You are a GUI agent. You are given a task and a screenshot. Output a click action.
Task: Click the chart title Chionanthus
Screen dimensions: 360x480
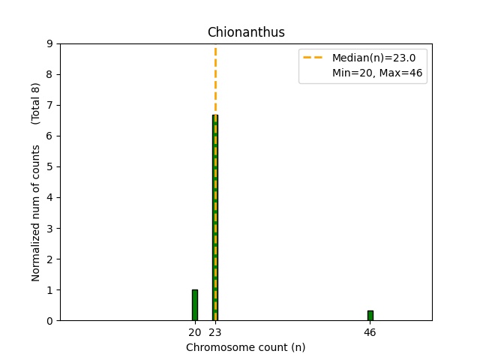point(245,32)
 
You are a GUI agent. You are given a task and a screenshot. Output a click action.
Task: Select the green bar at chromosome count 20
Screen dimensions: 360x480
point(195,305)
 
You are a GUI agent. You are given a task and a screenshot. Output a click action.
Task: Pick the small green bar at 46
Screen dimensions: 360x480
point(370,316)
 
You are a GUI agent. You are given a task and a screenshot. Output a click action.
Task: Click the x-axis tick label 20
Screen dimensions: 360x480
point(194,332)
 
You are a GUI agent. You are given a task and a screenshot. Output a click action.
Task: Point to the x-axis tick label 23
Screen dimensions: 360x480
point(215,332)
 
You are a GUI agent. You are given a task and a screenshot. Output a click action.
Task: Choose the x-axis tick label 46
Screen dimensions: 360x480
point(370,332)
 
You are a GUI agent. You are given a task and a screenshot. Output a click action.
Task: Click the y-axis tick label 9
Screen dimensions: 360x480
point(49,43)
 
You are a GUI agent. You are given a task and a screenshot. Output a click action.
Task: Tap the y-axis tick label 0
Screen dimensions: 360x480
point(49,321)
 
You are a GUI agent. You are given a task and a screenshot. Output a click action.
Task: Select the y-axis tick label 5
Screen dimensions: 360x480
point(49,167)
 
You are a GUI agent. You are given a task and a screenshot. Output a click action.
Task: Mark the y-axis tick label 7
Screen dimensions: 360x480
point(49,106)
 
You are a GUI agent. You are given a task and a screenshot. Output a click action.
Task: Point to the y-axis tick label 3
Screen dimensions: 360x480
point(49,229)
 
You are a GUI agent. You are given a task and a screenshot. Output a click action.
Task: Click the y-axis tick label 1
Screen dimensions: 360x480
point(49,290)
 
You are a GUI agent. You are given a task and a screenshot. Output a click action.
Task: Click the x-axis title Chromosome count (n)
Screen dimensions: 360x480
point(245,348)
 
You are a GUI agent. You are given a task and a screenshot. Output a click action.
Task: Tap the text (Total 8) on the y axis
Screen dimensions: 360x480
point(35,103)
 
